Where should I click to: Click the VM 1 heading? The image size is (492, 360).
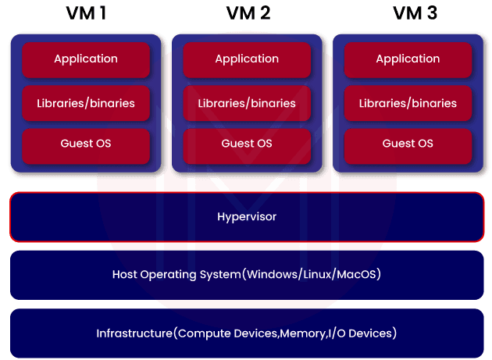tap(86, 13)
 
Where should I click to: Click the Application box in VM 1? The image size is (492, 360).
tap(86, 59)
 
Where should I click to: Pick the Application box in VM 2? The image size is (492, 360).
tap(247, 59)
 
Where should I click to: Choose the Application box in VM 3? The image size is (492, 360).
tap(408, 59)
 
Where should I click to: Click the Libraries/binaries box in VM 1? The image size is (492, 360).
tap(86, 103)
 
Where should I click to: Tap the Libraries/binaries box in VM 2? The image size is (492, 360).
tap(247, 103)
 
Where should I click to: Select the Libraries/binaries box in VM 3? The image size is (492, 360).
tap(408, 103)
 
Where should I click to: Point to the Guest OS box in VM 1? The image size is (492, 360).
tap(86, 144)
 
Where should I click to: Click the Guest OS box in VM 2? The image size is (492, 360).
tap(247, 144)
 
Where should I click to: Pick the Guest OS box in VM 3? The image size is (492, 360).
tap(408, 144)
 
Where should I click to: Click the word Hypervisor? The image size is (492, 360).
tap(247, 217)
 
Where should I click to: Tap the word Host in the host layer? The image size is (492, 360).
tap(125, 275)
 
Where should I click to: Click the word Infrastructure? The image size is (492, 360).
tap(133, 333)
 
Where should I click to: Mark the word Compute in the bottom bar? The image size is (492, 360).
tap(200, 333)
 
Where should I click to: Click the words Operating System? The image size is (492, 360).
tap(200, 275)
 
